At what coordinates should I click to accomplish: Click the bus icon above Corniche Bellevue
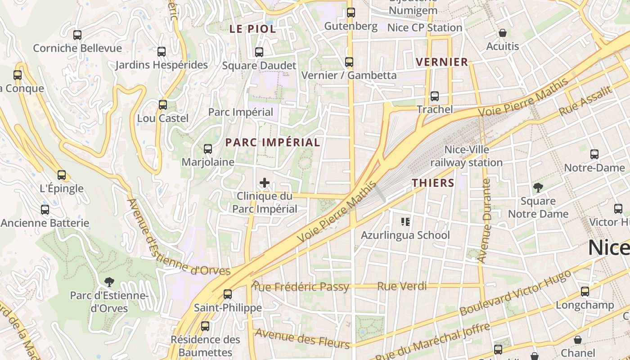[x=77, y=35]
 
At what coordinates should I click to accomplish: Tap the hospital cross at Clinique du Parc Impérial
[x=265, y=182]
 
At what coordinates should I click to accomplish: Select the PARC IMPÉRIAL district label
[x=273, y=143]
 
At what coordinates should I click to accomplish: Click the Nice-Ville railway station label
[x=467, y=156]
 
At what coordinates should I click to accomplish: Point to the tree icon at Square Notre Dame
[x=538, y=188]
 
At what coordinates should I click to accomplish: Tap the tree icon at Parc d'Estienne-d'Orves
[x=109, y=282]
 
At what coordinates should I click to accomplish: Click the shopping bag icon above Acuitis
[x=503, y=33]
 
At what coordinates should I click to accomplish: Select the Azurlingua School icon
[x=405, y=221]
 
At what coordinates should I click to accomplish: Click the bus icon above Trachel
[x=435, y=96]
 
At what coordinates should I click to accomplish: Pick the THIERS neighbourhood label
[x=433, y=183]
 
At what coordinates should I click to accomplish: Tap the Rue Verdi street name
[x=402, y=286]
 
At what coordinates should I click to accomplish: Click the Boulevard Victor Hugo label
[x=515, y=293]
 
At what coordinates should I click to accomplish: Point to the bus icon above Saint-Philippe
[x=228, y=294]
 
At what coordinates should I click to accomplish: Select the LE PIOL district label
[x=252, y=29]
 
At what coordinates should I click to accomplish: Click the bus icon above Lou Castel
[x=163, y=105]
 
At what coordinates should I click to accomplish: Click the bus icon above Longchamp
[x=585, y=292]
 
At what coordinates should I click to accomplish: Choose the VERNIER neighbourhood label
[x=442, y=62]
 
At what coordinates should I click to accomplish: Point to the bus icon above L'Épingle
[x=62, y=175]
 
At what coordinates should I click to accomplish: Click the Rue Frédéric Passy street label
[x=300, y=287]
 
